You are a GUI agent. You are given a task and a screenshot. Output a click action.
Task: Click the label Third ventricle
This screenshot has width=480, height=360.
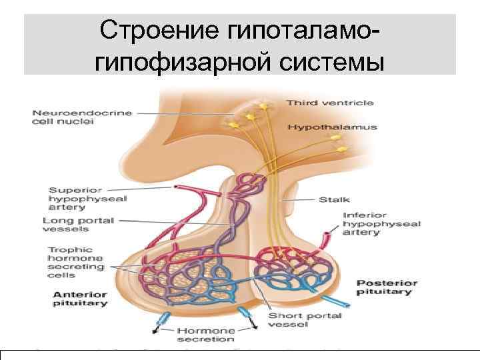pos(330,103)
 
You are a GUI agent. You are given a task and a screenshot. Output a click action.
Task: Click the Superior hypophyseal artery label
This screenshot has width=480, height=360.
pos(87,198)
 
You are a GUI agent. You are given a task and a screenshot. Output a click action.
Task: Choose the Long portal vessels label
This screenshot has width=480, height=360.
pos(78,225)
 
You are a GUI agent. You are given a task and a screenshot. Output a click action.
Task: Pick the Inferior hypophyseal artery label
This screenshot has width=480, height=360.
pos(381,225)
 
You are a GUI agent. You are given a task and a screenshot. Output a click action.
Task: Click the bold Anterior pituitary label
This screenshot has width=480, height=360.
pos(80,299)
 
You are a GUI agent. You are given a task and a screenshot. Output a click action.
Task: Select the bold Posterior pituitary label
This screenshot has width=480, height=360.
pos(387,287)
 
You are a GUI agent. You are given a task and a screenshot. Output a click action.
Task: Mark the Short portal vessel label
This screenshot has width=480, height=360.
pos(304,320)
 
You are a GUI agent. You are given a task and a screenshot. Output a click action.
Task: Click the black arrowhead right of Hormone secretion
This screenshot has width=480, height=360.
pos(257,327)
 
